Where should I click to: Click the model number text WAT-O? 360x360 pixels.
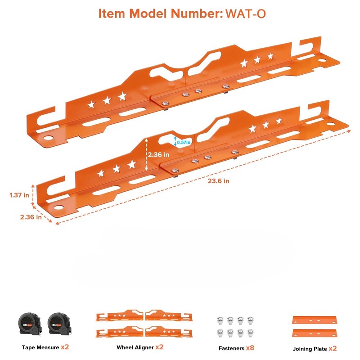tap(245, 13)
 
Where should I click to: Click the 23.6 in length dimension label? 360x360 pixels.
tap(219, 180)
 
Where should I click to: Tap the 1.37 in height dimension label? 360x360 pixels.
tap(19, 195)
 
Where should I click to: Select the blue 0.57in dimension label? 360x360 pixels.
tap(184, 142)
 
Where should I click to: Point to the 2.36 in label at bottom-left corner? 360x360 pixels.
tap(31, 216)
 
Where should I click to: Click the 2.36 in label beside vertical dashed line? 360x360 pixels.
tap(158, 154)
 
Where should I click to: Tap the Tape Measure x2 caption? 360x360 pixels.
tap(45, 347)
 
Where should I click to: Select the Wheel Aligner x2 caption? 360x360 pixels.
tap(139, 347)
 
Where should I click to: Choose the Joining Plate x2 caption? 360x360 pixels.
tap(315, 348)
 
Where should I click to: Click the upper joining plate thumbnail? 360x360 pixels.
tap(315, 319)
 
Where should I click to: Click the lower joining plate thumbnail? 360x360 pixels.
tap(315, 333)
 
